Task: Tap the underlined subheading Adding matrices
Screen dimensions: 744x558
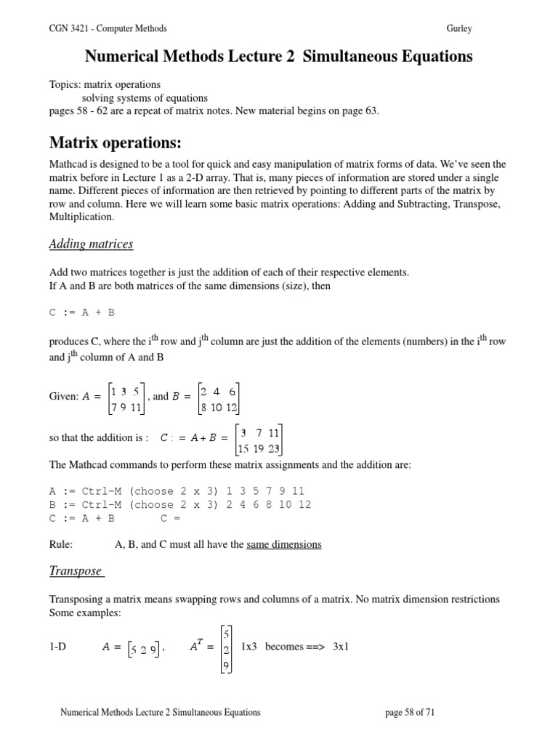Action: click(91, 244)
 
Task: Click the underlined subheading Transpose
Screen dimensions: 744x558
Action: click(76, 571)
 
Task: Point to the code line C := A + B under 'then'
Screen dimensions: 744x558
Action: click(81, 313)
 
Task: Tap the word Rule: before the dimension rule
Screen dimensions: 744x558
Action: click(61, 544)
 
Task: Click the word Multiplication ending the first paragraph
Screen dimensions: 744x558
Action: click(81, 217)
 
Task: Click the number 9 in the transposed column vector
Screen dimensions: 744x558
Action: click(227, 664)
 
